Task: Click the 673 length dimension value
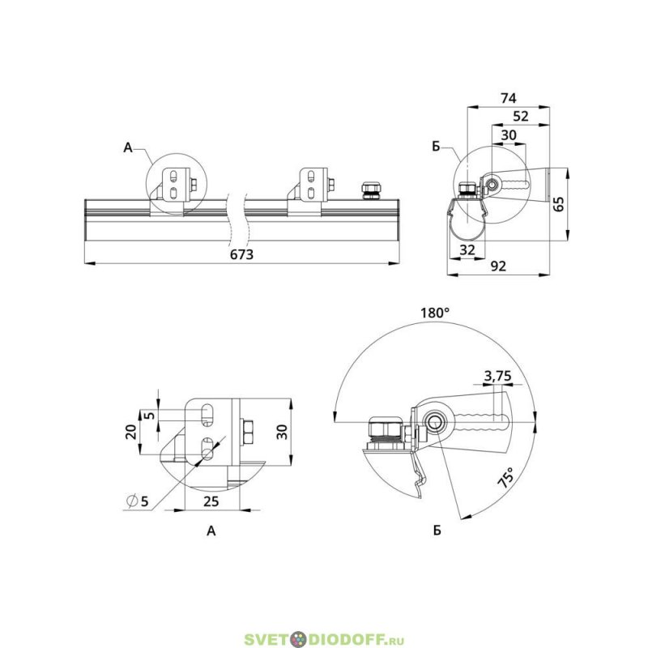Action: [241, 254]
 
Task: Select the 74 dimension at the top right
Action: [509, 98]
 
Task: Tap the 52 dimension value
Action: [521, 116]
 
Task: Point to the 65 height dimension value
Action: [558, 204]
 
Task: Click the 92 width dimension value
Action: [498, 266]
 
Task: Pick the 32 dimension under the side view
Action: [467, 249]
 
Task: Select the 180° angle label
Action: [435, 313]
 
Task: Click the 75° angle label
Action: [506, 478]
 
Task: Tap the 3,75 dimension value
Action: [497, 376]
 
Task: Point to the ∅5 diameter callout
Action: [138, 501]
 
